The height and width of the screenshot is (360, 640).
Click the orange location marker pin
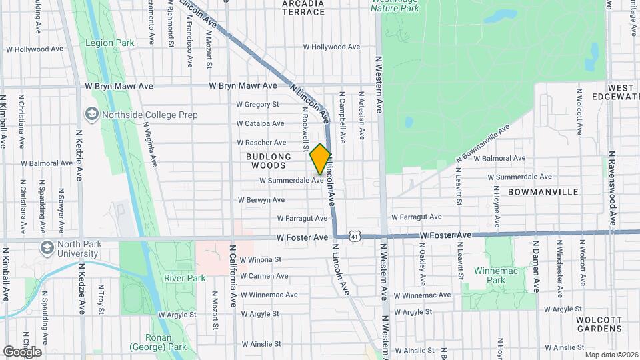(320, 159)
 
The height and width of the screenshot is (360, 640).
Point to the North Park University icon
(47, 249)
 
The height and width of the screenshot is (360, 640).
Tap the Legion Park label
(110, 43)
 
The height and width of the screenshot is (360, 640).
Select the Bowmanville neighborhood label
(543, 191)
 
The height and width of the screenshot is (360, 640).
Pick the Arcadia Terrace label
(303, 7)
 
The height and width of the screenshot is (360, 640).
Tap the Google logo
(22, 351)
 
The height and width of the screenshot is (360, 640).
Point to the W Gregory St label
(258, 105)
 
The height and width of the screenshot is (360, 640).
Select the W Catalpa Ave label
(261, 123)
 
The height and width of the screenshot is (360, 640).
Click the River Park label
(185, 277)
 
